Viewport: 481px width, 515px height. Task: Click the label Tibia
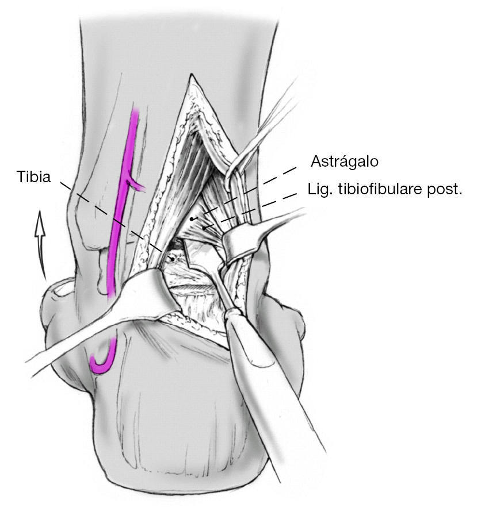tap(34, 177)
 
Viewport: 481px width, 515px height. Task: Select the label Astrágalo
tap(345, 162)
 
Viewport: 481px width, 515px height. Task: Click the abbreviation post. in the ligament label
tap(444, 190)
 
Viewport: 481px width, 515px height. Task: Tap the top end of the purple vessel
tap(136, 112)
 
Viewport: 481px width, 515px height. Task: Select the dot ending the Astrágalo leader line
tap(192, 219)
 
